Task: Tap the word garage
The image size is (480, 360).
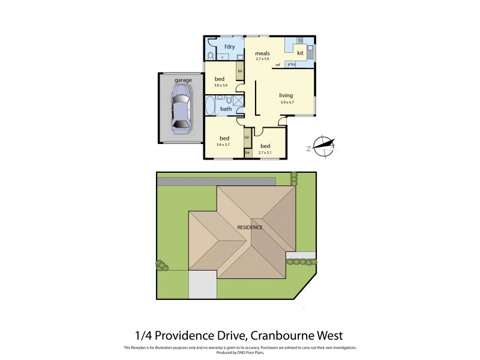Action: (182, 80)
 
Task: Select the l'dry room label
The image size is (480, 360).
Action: (229, 46)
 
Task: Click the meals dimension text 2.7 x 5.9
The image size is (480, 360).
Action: (263, 59)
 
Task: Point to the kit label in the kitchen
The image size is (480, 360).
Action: (300, 53)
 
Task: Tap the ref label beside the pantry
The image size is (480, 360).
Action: (278, 64)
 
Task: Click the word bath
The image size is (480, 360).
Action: (226, 109)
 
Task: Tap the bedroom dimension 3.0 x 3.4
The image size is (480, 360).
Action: (220, 86)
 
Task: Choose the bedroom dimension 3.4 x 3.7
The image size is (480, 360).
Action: (223, 144)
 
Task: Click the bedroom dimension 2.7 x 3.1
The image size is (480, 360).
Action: (264, 152)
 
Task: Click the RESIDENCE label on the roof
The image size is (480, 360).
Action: (250, 227)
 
